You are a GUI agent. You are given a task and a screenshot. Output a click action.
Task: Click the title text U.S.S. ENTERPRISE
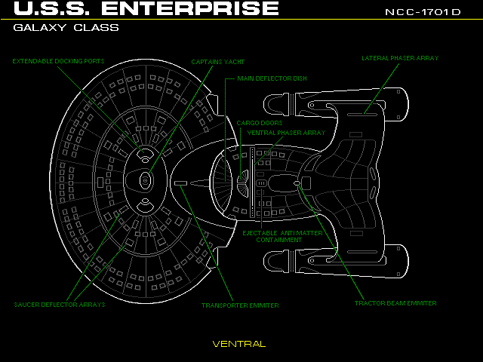coord(146,8)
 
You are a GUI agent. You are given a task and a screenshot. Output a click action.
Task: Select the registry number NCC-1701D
coord(423,12)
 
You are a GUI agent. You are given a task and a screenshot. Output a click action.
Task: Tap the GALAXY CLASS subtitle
coord(66,28)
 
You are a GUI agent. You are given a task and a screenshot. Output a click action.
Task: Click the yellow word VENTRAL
coord(239,344)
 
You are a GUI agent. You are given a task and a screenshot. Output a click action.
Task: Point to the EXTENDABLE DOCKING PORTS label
coord(59,61)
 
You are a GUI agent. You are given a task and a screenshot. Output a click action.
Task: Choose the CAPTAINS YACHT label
coord(218,62)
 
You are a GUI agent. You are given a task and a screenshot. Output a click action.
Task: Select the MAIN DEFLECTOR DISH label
coord(272,78)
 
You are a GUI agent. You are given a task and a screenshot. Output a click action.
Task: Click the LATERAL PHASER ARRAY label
coord(400,58)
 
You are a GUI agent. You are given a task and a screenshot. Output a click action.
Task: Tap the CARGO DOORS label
coord(260,123)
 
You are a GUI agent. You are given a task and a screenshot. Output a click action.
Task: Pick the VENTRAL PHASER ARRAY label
coord(287,133)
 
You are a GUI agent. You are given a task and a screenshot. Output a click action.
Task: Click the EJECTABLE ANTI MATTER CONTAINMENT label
coord(282,236)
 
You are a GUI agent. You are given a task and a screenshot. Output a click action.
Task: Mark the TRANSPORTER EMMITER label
coord(240,305)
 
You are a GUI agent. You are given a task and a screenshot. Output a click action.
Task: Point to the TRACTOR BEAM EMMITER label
coord(395,303)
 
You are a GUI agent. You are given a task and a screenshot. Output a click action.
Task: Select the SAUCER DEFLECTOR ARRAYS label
coord(60,305)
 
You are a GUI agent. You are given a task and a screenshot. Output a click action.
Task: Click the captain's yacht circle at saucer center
coord(145,181)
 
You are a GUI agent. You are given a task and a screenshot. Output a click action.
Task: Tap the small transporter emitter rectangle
coord(181,183)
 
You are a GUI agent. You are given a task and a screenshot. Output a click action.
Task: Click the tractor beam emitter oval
coord(297,183)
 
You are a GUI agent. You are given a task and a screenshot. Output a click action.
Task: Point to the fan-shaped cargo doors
coord(243,183)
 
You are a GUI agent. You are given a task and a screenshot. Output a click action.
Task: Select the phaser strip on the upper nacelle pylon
coord(362,115)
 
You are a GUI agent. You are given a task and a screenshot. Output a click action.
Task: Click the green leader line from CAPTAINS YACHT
coord(181,118)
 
